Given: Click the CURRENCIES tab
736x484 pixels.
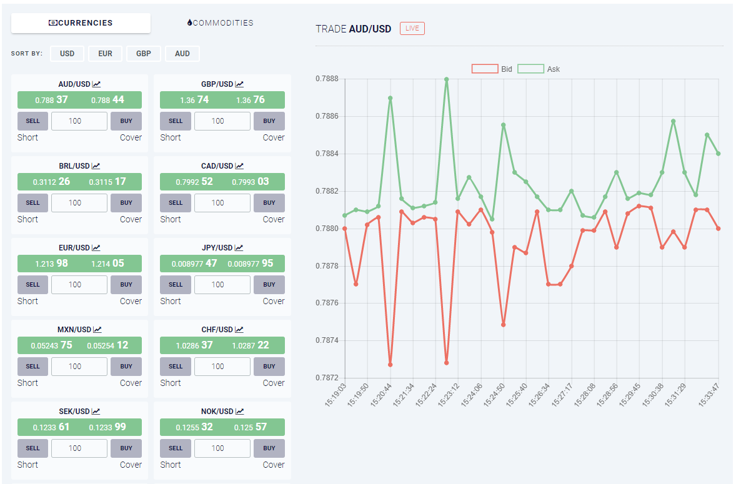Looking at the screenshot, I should [81, 23].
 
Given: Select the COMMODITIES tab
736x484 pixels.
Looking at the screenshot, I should [220, 23].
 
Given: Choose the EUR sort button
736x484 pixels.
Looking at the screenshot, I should [105, 54].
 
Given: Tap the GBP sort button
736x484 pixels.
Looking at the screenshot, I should [144, 54].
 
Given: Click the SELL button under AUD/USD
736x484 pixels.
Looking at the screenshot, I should [33, 121].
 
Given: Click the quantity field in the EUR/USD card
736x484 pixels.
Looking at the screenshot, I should [79, 285].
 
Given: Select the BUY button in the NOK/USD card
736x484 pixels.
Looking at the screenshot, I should [269, 448].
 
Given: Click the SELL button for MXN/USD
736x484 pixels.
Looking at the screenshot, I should [33, 367].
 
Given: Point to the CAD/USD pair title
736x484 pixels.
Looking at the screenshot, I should [217, 166].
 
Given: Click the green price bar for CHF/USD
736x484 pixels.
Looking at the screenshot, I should [222, 345].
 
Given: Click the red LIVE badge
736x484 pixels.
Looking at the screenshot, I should [412, 29].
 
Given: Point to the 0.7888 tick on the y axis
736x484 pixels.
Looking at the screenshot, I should [327, 79].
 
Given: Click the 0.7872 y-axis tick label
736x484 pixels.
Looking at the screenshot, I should [327, 378].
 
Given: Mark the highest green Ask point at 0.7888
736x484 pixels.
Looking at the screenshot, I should [446, 79].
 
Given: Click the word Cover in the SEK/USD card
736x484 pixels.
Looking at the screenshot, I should [131, 465].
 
